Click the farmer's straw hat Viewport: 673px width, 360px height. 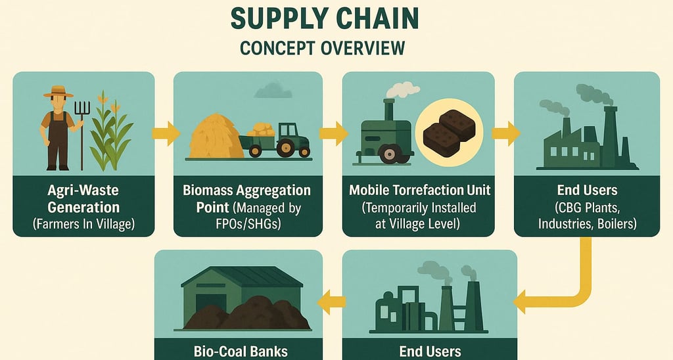(x=58, y=93)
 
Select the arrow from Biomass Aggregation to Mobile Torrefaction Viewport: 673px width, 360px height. (x=333, y=133)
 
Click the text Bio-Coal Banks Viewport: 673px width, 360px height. (x=241, y=351)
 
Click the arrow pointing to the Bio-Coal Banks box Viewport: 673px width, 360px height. (x=332, y=302)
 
